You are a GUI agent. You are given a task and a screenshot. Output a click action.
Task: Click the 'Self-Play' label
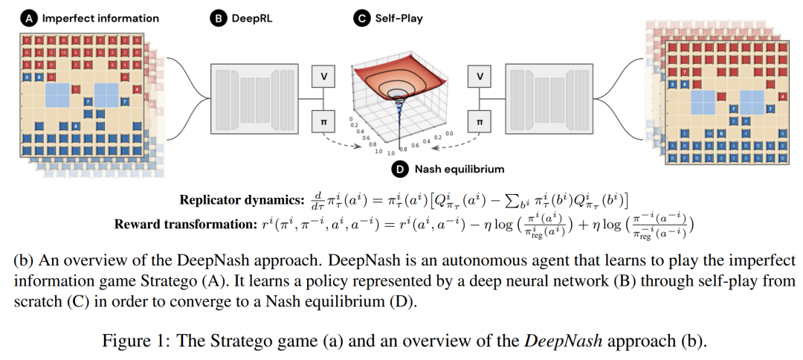click(398, 18)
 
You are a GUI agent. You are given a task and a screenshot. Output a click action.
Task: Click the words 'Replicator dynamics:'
click(236, 199)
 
